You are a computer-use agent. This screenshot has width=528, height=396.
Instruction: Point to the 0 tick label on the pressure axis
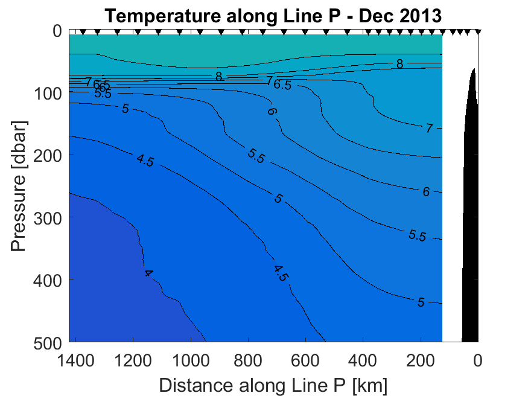[x=57, y=31]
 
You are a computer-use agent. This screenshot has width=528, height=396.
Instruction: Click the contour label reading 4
[x=148, y=273]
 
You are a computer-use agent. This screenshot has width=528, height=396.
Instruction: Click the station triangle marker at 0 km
[x=478, y=31]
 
